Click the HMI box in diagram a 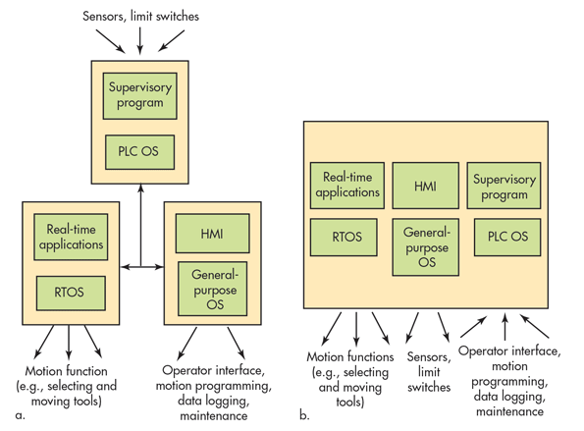coord(212,233)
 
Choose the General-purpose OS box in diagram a coord(212,284)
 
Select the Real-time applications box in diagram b coord(345,186)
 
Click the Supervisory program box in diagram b coord(501,186)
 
